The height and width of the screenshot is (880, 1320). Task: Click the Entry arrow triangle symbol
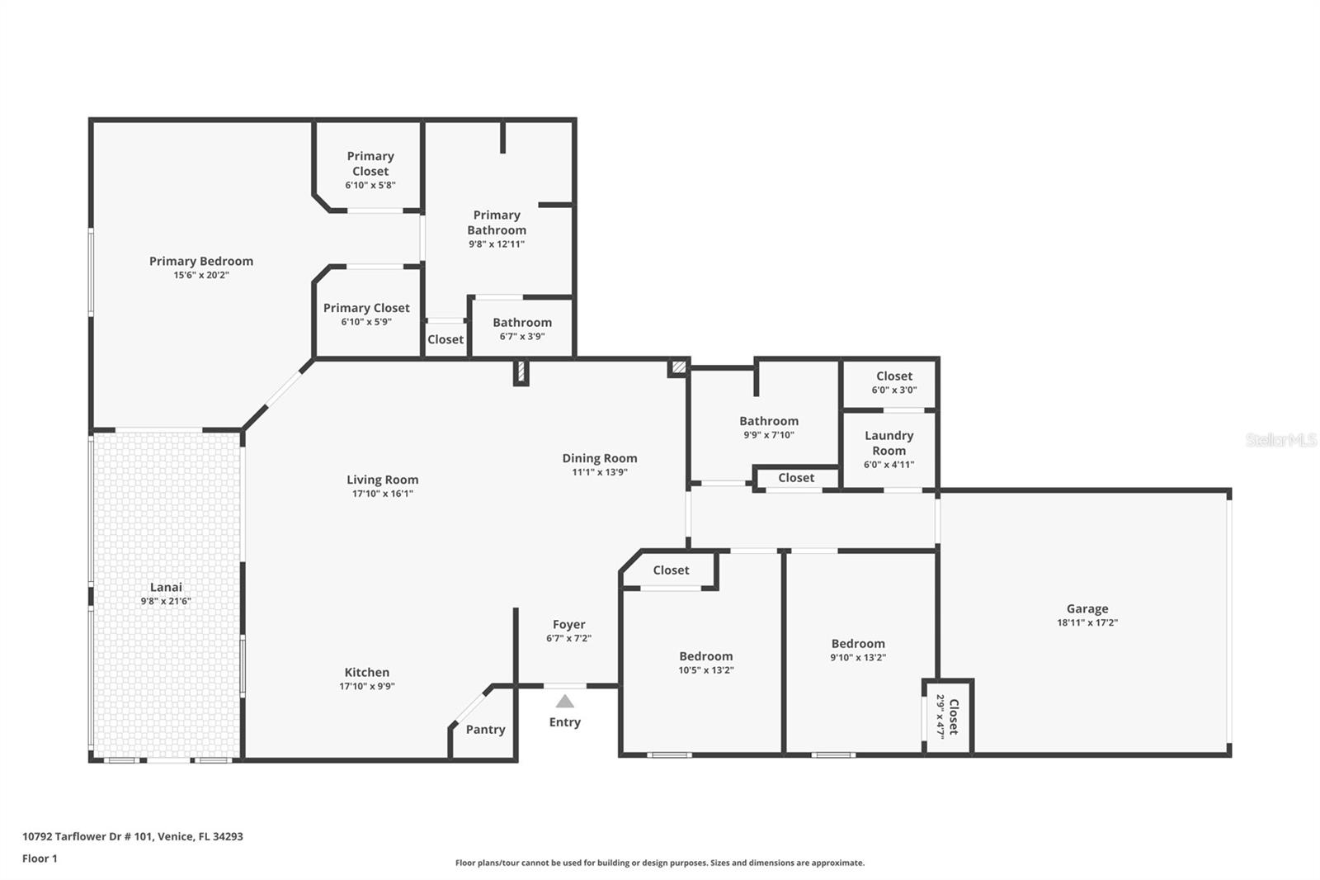point(564,702)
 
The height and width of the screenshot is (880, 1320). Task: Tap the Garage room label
point(1087,608)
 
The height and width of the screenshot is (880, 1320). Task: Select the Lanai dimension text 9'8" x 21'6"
point(165,602)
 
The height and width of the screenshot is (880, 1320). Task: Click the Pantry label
point(485,729)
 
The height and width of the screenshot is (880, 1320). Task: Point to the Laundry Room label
point(889,442)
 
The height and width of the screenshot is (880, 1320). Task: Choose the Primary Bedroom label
point(200,261)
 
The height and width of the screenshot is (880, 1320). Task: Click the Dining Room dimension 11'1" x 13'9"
point(599,472)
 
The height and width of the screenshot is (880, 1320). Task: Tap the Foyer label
point(568,624)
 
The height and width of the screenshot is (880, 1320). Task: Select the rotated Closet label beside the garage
point(954,717)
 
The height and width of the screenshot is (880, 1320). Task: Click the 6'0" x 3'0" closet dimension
point(893,390)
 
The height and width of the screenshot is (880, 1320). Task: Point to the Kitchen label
point(366,672)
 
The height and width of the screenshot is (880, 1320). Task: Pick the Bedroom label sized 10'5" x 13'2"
point(705,656)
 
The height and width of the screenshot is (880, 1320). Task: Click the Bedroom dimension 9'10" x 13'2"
point(857,658)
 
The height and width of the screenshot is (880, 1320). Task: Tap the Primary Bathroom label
point(496,222)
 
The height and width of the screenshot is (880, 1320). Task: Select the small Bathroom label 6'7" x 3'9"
point(522,323)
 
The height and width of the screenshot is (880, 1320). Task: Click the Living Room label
point(382,480)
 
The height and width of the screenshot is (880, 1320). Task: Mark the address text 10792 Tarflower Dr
point(132,836)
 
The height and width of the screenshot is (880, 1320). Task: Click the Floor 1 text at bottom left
point(40,859)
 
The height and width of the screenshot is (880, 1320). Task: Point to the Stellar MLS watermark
point(1280,440)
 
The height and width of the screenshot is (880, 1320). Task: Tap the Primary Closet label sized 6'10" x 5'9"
point(366,308)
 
